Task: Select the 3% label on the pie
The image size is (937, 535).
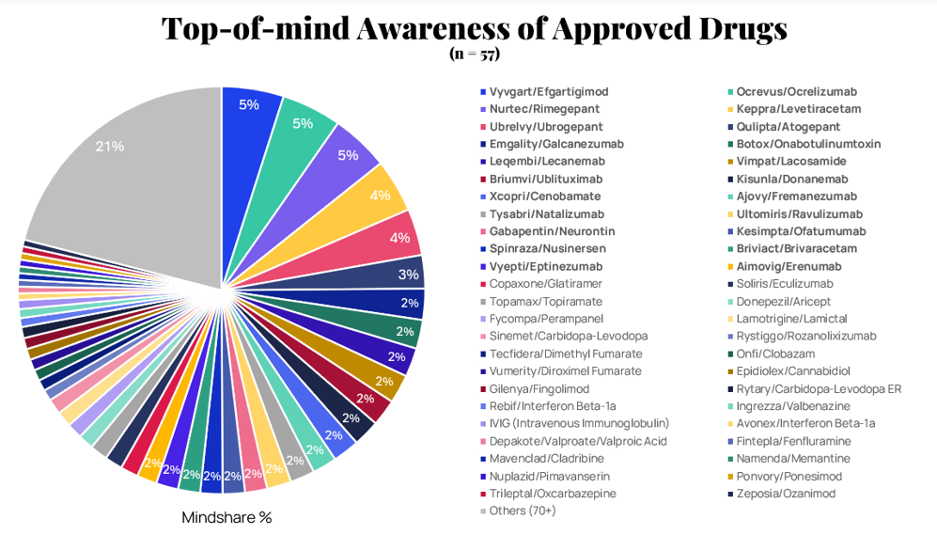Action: [x=409, y=275]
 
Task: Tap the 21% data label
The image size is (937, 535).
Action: [x=110, y=146]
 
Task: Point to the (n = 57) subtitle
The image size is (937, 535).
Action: [x=475, y=54]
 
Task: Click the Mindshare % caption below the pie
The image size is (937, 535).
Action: [x=226, y=517]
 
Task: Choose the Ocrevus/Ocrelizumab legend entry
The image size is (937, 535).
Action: [x=796, y=92]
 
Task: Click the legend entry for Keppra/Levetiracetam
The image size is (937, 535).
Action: [x=798, y=109]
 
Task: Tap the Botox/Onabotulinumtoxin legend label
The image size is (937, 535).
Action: [x=808, y=144]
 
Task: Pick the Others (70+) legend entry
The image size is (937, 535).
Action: [x=523, y=511]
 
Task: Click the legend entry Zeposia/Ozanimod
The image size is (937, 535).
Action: [x=786, y=494]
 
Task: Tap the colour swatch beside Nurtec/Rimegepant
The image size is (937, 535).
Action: [x=483, y=109]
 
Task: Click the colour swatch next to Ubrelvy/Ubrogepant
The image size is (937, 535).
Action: [x=483, y=127]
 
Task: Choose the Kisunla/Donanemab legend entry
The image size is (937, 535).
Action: [x=791, y=179]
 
